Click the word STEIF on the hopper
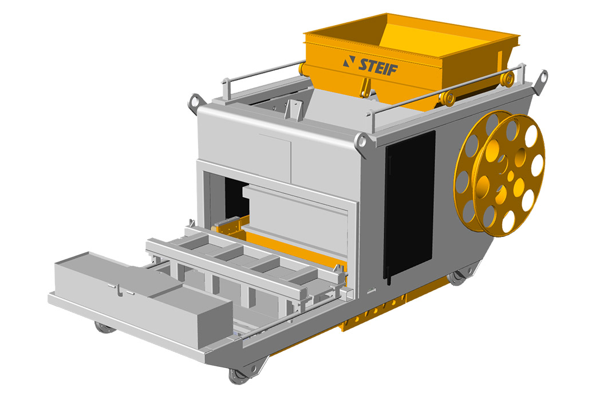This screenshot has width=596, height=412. pyautogui.click(x=378, y=67)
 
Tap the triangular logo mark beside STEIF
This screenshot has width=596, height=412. pyautogui.click(x=349, y=61)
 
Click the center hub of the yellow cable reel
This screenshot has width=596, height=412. pyautogui.click(x=511, y=176)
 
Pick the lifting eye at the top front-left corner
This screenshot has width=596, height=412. pyautogui.click(x=196, y=102)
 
